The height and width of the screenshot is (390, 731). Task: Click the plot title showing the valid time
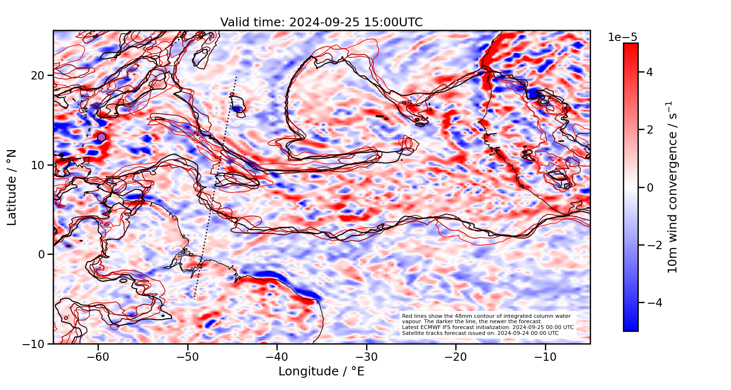(321, 22)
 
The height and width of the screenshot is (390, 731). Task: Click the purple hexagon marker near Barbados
(101, 137)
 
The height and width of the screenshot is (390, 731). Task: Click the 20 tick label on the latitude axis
(38, 76)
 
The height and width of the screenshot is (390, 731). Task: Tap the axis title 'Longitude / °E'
(321, 371)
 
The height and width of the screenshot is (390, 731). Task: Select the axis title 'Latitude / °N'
(12, 187)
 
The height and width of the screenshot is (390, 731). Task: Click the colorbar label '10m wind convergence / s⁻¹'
(673, 187)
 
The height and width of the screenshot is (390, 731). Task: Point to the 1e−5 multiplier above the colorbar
(622, 38)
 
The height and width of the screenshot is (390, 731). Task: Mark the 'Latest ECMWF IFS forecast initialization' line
(487, 327)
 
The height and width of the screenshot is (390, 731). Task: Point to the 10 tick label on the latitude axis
(38, 165)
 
